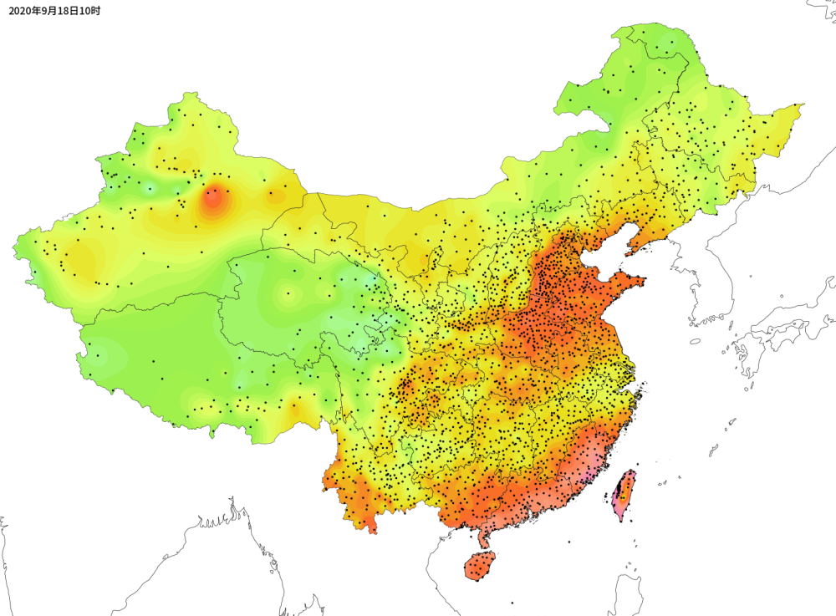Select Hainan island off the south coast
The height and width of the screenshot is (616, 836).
(x=480, y=565)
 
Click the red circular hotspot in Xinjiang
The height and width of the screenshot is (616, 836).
(x=212, y=198)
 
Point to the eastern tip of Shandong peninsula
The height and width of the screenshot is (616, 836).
(x=644, y=280)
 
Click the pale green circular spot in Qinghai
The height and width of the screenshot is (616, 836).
(x=289, y=293)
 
